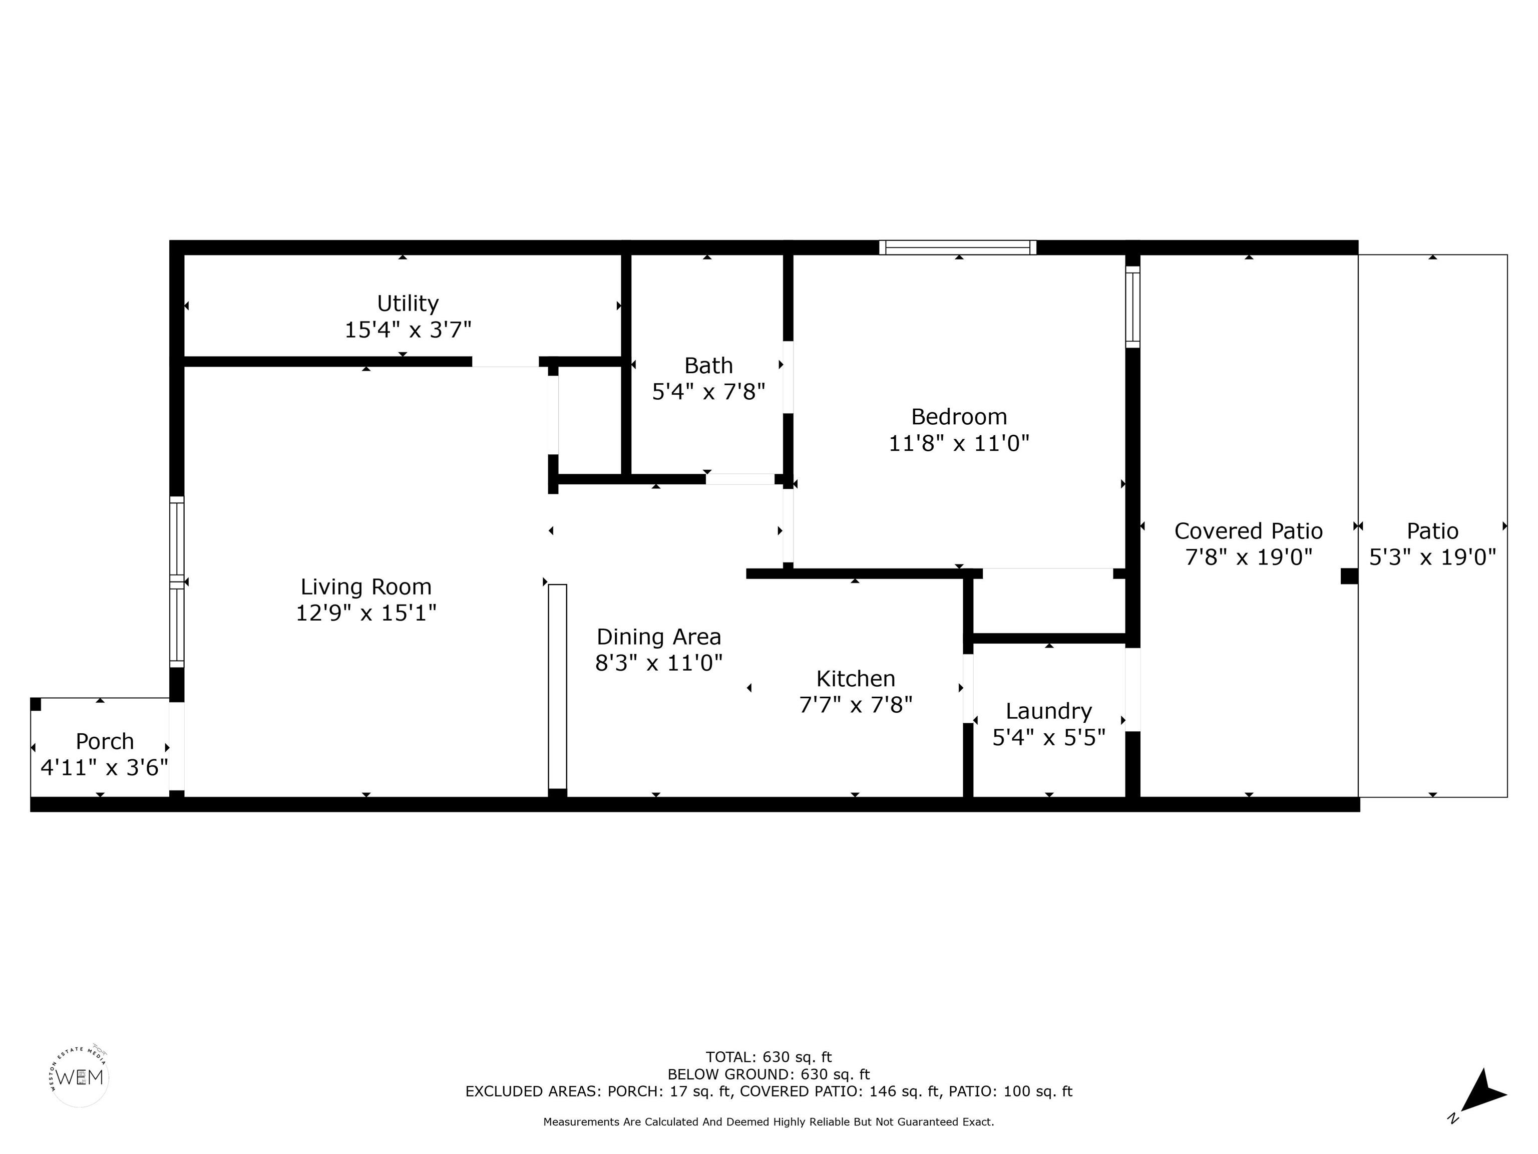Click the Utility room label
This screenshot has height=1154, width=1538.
408,304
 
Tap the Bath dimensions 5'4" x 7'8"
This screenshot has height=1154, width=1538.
708,392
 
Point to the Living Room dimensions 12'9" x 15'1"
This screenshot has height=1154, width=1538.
366,613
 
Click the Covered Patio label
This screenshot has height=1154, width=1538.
1248,531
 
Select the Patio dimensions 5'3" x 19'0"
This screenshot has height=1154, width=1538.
1432,556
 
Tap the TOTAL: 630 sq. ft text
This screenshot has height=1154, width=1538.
768,1058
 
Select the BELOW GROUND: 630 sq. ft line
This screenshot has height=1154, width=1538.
768,1075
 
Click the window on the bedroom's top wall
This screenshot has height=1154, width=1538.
957,247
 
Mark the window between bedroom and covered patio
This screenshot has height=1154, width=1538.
1132,307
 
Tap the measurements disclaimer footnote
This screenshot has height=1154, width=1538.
768,1122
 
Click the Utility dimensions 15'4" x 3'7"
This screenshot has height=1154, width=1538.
408,330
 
